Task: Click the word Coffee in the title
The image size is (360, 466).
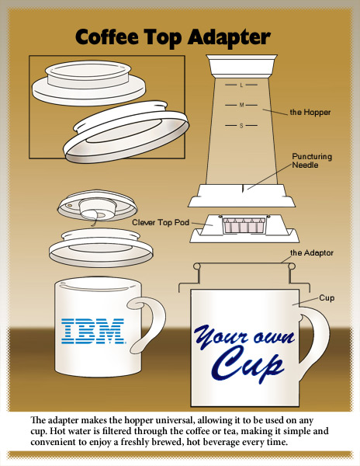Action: pyautogui.click(x=107, y=37)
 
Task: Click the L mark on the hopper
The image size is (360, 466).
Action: pyautogui.click(x=241, y=85)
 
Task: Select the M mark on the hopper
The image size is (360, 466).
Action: pyautogui.click(x=241, y=105)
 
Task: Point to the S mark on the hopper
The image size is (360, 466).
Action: pyautogui.click(x=241, y=126)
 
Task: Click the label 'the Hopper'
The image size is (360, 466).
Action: pyautogui.click(x=310, y=113)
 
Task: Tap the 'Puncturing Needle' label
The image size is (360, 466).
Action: pyautogui.click(x=312, y=161)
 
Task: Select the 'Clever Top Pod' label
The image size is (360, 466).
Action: pyautogui.click(x=161, y=222)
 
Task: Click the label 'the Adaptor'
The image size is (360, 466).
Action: pyautogui.click(x=312, y=252)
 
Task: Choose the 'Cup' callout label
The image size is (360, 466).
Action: pyautogui.click(x=327, y=297)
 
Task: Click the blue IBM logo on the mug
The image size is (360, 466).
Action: pyautogui.click(x=93, y=331)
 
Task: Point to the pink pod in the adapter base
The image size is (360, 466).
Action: pyautogui.click(x=244, y=225)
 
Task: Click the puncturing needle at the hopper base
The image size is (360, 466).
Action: pyautogui.click(x=243, y=189)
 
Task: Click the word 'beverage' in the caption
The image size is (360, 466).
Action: pyautogui.click(x=219, y=442)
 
